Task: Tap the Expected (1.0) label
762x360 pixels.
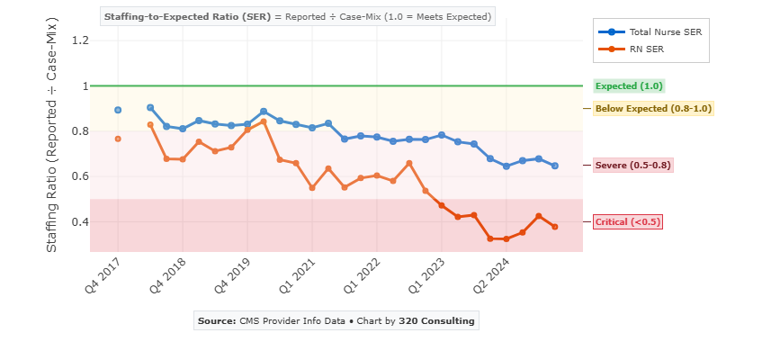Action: click(629, 86)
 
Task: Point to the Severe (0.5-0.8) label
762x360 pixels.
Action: click(633, 166)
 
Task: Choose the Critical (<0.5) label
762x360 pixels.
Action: click(628, 222)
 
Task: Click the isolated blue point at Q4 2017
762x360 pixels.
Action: click(118, 110)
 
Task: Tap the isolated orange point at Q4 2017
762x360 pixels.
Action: click(118, 139)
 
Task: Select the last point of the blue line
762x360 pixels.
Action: click(555, 166)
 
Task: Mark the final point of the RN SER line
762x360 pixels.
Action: click(555, 227)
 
